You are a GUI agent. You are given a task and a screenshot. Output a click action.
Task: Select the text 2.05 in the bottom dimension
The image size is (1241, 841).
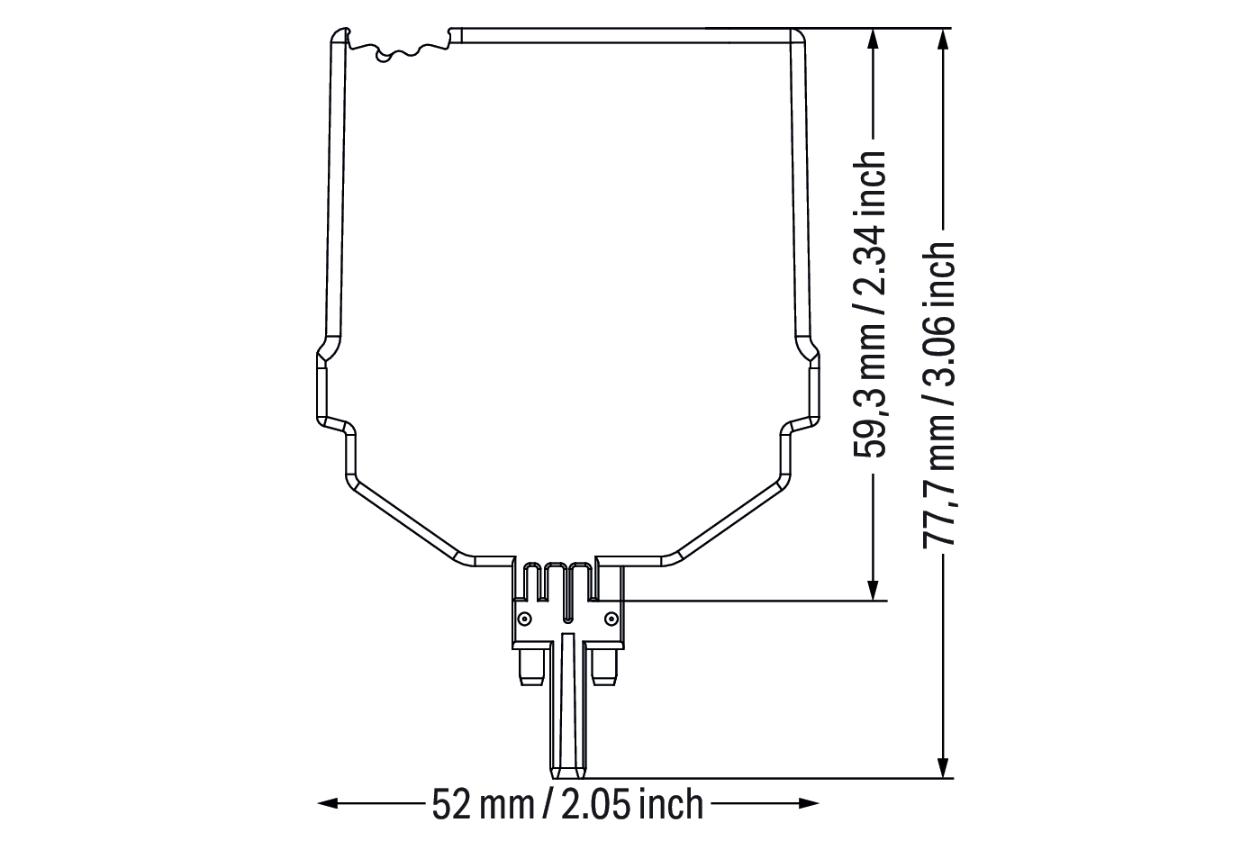click(595, 804)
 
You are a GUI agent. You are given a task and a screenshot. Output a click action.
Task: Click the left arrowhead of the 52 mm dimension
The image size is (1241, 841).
click(328, 803)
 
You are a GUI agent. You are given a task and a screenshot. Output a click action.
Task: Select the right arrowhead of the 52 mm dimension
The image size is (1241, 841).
click(809, 803)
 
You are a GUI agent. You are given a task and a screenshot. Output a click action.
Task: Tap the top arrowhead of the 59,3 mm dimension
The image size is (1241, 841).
click(873, 39)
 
